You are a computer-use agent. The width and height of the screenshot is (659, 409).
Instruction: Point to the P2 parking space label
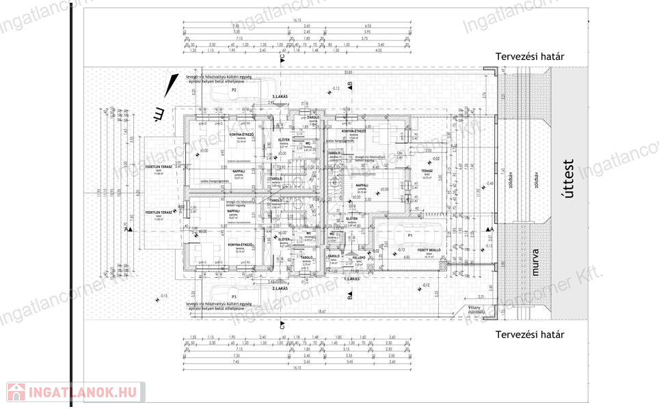click(233, 89)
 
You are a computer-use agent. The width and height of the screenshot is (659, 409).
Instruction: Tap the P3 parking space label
click(233, 297)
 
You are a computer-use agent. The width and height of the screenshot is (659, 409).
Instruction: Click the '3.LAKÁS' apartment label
click(280, 98)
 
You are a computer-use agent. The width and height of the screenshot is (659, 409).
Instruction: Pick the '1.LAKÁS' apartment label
click(353, 279)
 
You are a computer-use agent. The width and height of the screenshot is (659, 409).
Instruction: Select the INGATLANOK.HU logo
click(74, 392)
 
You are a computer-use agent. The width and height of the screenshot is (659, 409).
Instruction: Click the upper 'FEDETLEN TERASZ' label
click(158, 167)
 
